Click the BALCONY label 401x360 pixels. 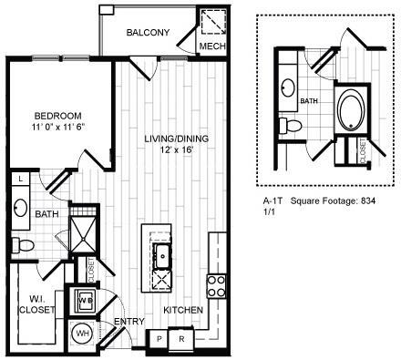(x=148, y=33)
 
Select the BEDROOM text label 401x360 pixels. (x=58, y=116)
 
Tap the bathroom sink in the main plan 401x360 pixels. (x=19, y=207)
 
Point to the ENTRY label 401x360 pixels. (x=126, y=323)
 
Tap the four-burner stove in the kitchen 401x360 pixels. (x=217, y=286)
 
